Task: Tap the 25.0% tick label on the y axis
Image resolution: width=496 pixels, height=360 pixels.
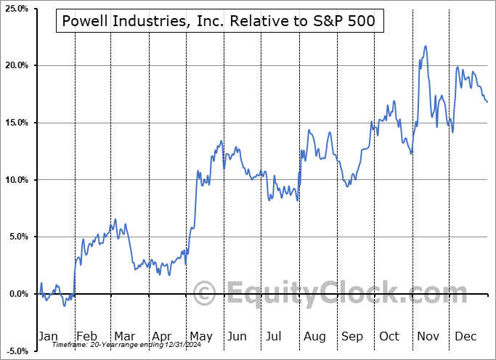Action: click(15, 9)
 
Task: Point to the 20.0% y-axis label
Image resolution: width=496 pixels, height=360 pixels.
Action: click(15, 66)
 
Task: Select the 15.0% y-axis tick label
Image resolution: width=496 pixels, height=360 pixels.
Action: click(15, 123)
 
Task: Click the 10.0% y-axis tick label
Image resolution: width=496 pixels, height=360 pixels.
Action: click(15, 180)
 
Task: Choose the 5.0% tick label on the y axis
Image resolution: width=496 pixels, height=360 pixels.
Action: click(17, 237)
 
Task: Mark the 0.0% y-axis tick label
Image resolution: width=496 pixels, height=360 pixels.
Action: click(17, 294)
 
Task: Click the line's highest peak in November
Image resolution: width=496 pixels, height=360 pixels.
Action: click(425, 46)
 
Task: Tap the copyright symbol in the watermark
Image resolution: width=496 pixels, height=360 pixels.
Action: click(206, 293)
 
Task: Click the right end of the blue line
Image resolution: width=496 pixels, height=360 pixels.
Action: click(487, 102)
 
